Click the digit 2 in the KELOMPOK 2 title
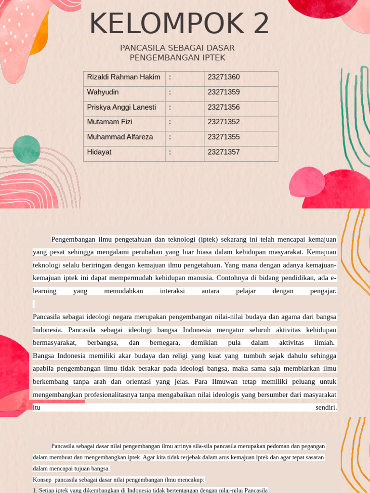pos(257,24)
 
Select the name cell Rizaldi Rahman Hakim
pos(123,78)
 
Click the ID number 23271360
pos(224,78)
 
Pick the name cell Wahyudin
pos(103,92)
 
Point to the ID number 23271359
pos(224,92)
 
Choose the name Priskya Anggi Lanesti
pos(121,107)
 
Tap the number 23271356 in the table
pos(224,107)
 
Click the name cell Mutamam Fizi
pos(109,122)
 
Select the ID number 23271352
pos(224,122)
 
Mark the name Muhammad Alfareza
pos(120,137)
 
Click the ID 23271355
pos(224,137)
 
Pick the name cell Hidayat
pos(99,153)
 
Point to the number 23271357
pos(224,153)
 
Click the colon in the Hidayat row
pos(170,153)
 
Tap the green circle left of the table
pos(26,149)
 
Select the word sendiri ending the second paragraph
pos(326,408)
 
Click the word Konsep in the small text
pos(42,480)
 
